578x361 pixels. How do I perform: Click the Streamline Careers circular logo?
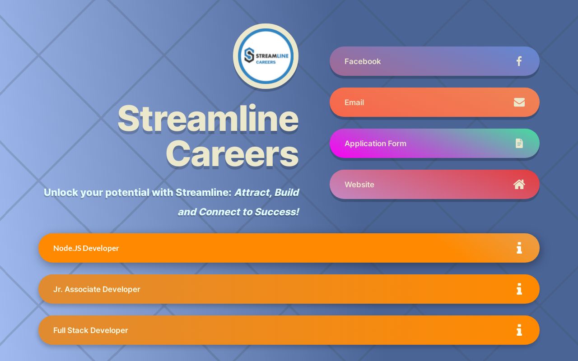(x=266, y=56)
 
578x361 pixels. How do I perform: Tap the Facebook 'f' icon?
(x=519, y=61)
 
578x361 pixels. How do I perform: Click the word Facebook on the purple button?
(x=362, y=61)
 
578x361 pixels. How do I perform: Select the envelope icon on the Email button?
(x=519, y=102)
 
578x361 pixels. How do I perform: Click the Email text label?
(x=354, y=102)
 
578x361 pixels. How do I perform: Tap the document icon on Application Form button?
(x=519, y=143)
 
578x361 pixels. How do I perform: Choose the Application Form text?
(x=375, y=143)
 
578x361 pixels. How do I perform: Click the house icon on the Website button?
(x=519, y=185)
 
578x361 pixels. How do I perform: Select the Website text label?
(x=359, y=185)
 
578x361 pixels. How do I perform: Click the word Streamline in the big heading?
(x=208, y=118)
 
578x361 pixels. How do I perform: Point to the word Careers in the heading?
(x=232, y=154)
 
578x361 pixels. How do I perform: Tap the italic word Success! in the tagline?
(x=276, y=212)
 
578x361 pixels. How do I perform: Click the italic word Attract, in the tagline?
(x=252, y=193)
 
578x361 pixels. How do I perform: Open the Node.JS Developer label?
(x=86, y=248)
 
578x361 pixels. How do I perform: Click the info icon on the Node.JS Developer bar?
(x=519, y=248)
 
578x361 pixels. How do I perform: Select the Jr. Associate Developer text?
(x=97, y=289)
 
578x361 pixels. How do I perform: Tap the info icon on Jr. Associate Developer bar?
(x=519, y=289)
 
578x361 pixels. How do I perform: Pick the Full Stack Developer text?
(x=90, y=330)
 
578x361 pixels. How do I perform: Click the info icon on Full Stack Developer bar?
(x=519, y=330)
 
